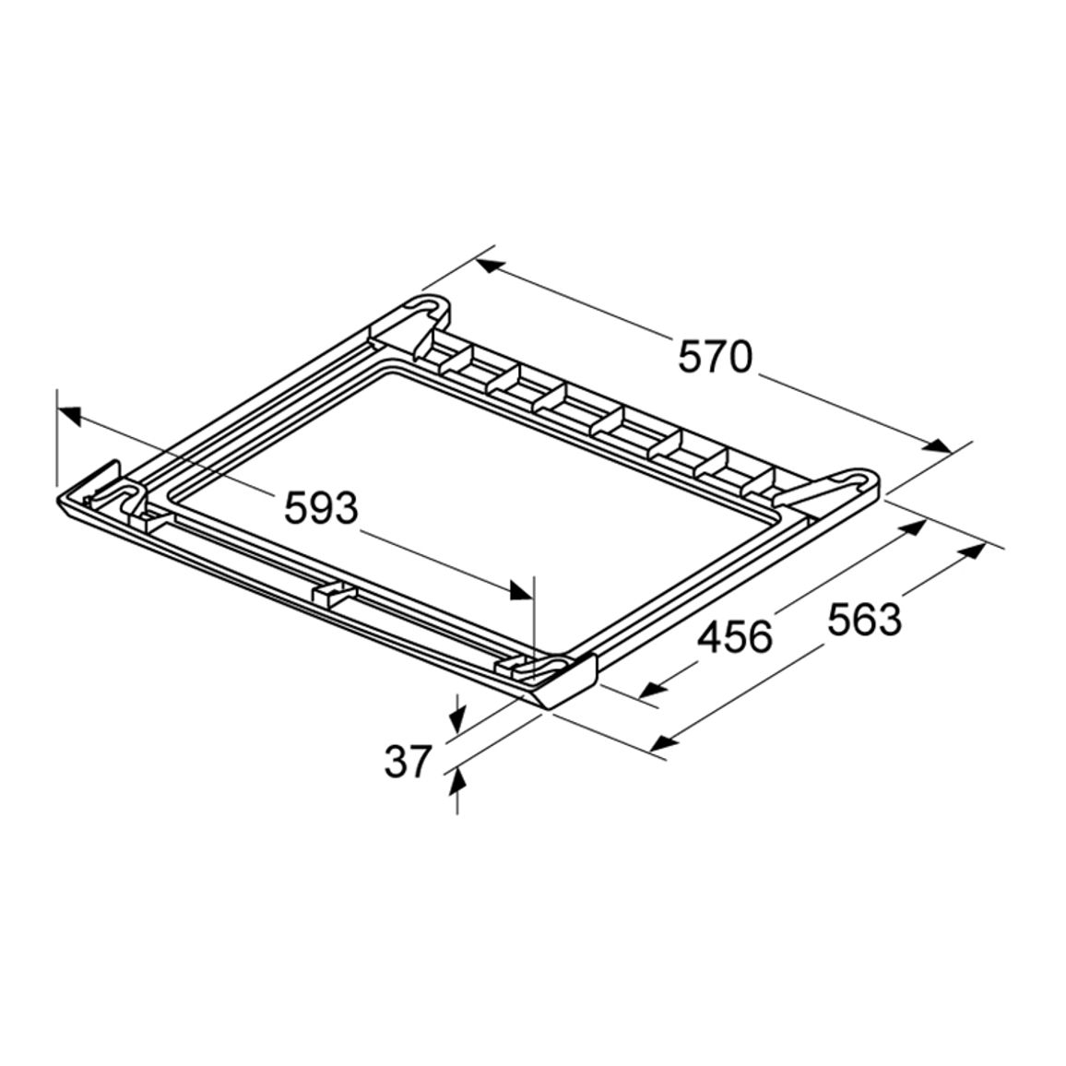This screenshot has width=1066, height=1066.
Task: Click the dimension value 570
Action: pyautogui.click(x=716, y=357)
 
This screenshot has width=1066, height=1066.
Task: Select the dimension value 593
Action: pyautogui.click(x=320, y=508)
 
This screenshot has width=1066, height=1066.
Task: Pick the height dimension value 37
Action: pyautogui.click(x=409, y=761)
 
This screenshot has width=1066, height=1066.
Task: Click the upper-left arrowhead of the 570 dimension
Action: pyautogui.click(x=490, y=266)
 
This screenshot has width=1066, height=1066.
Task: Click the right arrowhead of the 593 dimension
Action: pyautogui.click(x=521, y=590)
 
